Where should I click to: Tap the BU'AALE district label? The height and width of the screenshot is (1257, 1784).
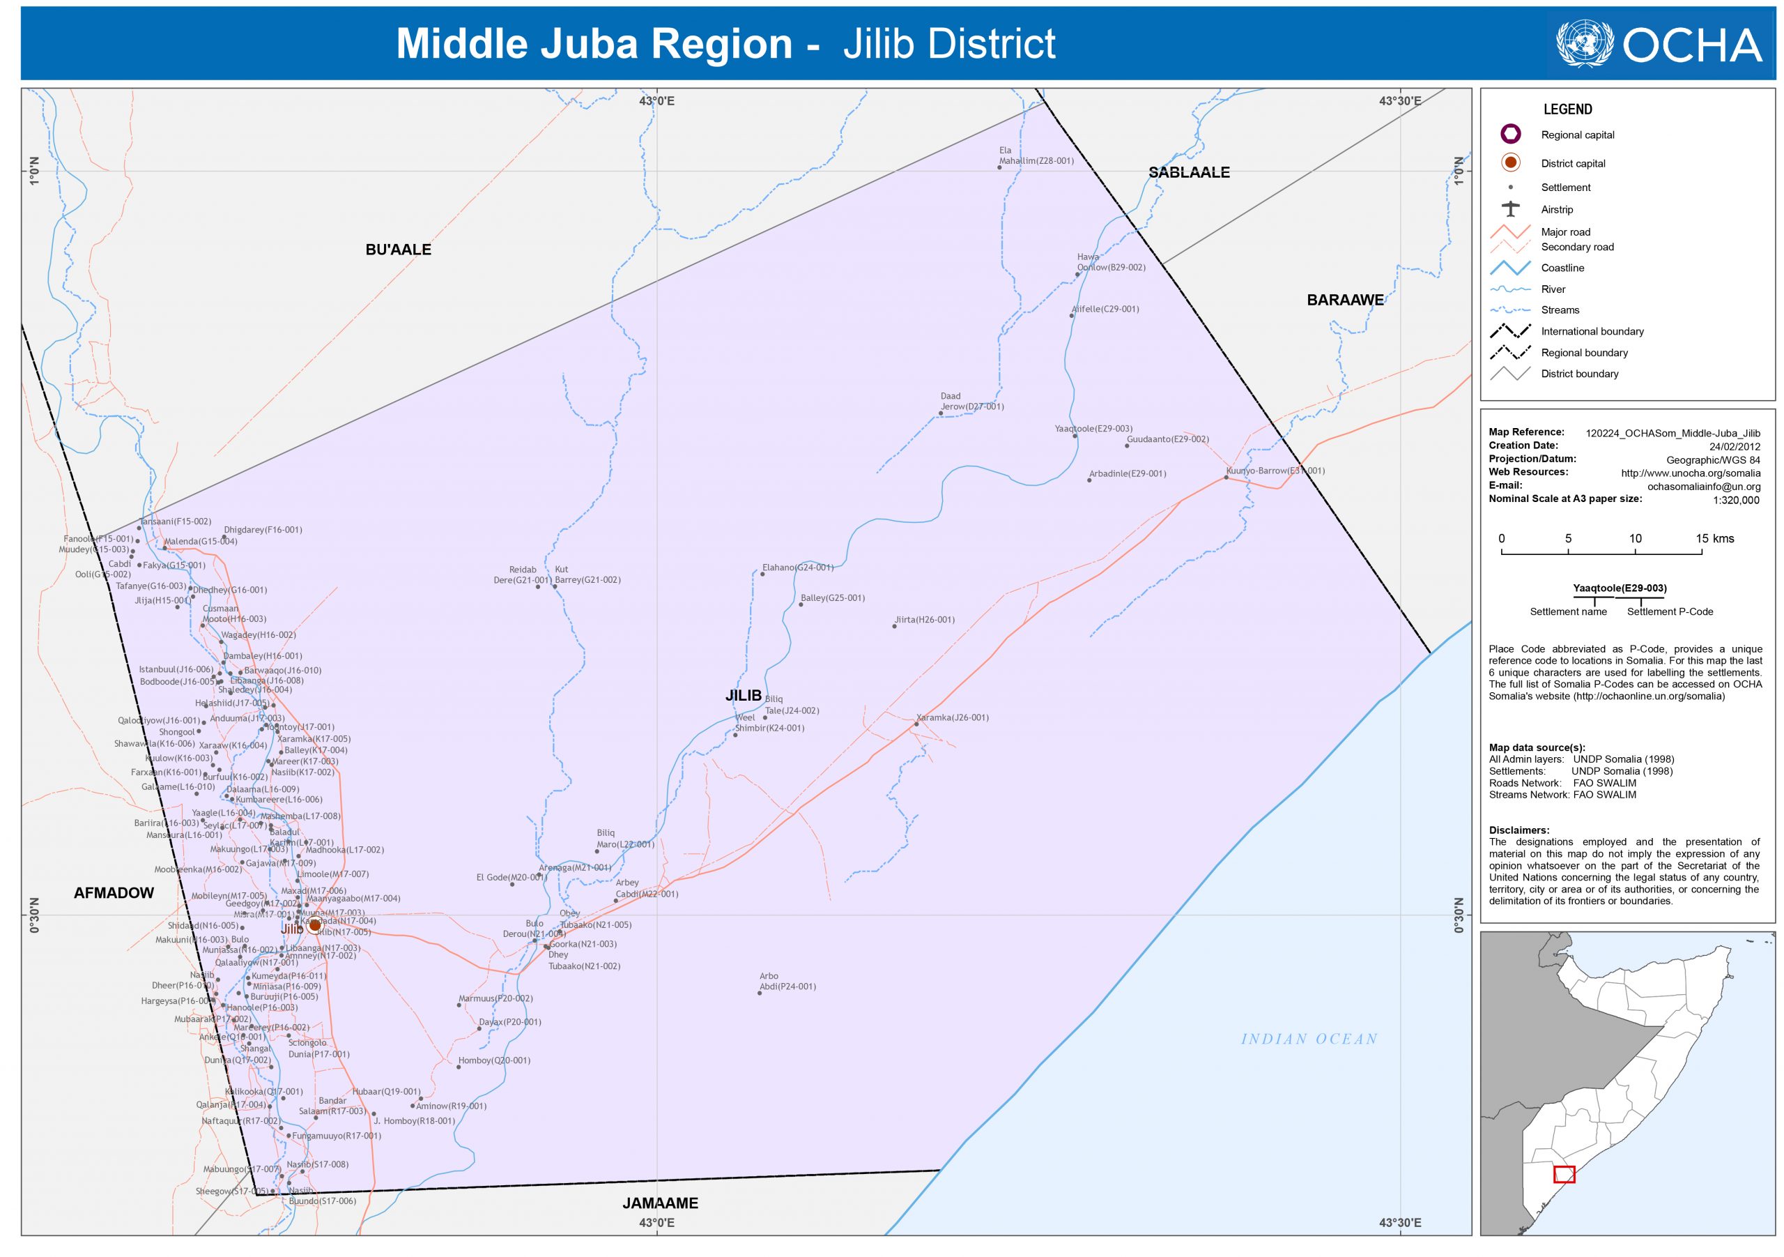(398, 250)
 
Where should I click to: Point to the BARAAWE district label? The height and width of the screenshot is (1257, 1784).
(1345, 300)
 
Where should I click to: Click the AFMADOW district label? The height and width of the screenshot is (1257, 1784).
(114, 893)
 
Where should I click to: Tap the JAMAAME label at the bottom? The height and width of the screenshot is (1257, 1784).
(660, 1203)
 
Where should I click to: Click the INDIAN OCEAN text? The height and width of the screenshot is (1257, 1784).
(1309, 1039)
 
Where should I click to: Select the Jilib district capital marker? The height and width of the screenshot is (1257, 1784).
(314, 925)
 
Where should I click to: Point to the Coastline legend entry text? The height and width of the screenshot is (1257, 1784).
(1562, 268)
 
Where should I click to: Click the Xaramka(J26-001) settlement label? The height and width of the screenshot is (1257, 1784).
(953, 717)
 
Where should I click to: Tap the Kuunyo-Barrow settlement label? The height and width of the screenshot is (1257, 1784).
(1275, 471)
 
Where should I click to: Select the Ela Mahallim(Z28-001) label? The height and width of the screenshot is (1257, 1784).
(1036, 156)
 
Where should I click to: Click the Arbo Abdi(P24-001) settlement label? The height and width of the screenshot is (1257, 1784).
(787, 982)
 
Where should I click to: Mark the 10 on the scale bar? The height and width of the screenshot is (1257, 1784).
(1635, 539)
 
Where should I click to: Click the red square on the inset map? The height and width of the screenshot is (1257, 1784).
(1564, 1174)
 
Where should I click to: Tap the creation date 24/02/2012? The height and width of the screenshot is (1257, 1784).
(1735, 446)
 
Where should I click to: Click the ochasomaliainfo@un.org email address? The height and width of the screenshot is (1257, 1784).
(1704, 487)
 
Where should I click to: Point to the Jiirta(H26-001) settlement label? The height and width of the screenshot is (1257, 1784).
(925, 620)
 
